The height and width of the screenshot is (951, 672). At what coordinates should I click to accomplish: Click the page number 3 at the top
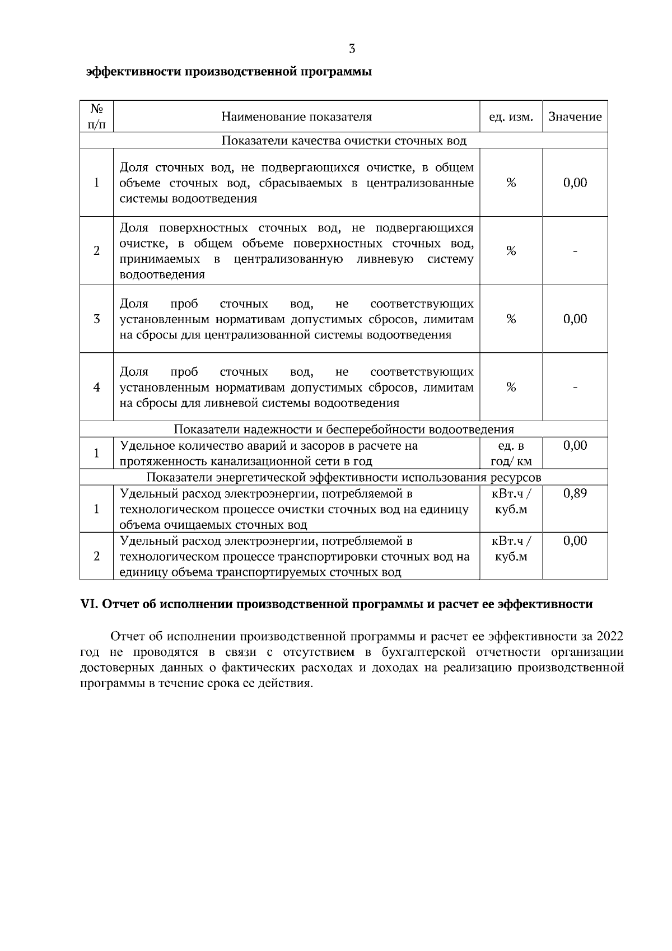(352, 49)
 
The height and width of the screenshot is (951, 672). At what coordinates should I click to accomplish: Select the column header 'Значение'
(575, 117)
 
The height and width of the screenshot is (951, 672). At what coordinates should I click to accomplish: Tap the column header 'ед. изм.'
(511, 117)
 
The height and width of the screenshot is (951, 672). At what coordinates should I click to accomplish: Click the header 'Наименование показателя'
(296, 117)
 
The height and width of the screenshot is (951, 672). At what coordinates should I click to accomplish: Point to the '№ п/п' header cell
(96, 116)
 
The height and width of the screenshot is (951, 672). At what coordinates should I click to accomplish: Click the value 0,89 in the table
(575, 493)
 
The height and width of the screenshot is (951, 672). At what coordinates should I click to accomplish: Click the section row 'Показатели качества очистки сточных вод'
(344, 141)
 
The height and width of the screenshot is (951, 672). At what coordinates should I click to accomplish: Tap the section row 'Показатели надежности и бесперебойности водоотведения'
(344, 430)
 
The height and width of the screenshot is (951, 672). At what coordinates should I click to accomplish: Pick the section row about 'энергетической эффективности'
(344, 477)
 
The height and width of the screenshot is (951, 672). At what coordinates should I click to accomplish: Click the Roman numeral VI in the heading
(89, 604)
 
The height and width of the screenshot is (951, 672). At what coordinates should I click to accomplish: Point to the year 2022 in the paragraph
(610, 637)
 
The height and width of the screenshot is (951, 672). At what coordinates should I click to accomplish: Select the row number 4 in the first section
(96, 387)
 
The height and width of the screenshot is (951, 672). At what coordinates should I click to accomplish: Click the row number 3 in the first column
(96, 319)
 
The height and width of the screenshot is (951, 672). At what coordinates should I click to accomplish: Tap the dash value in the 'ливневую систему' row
(575, 251)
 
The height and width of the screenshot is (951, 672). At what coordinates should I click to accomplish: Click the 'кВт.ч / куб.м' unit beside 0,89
(510, 502)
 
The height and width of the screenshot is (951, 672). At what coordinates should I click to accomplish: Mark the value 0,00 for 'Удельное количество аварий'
(575, 446)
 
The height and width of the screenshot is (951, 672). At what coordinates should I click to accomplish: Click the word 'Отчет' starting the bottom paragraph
(128, 637)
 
